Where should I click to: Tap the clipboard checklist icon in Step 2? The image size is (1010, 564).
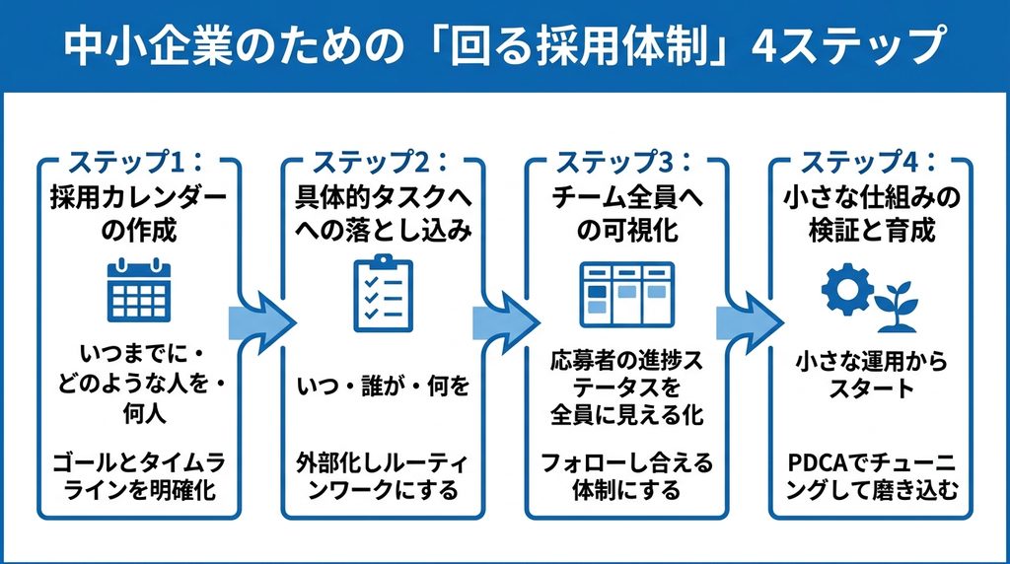click(384, 293)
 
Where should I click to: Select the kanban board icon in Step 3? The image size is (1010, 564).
click(626, 294)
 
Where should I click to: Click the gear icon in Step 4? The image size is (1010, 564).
click(847, 289)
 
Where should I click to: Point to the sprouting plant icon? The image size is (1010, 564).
click(897, 307)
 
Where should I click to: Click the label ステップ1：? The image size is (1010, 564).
click(136, 163)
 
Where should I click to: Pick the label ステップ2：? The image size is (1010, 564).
click(381, 163)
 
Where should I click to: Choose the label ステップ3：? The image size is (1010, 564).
click(624, 163)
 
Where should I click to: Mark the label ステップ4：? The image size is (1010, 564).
click(869, 163)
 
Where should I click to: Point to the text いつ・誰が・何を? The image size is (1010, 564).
click(384, 387)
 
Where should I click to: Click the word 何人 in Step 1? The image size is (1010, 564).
click(144, 413)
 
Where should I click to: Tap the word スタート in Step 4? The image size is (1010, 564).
click(872, 388)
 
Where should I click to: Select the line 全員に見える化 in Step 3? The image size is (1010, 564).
click(626, 415)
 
